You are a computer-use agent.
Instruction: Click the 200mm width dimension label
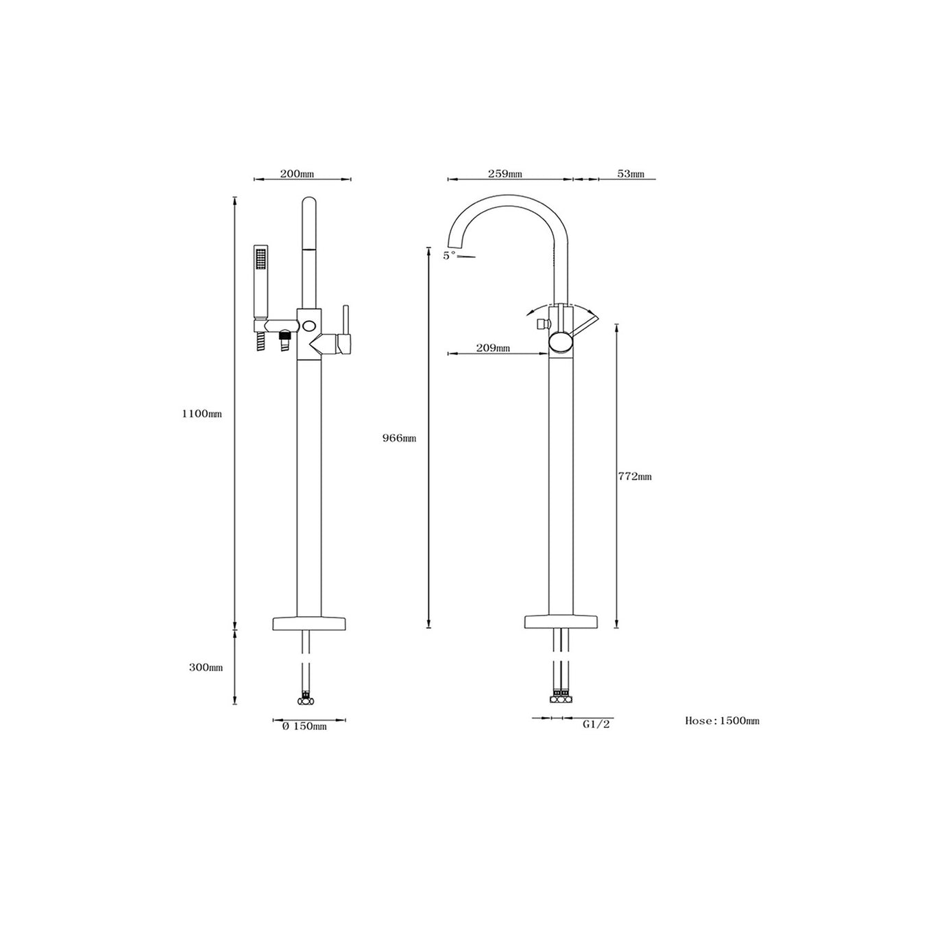[297, 174]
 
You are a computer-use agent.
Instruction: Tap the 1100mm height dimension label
[202, 414]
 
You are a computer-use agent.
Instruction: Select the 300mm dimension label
[206, 668]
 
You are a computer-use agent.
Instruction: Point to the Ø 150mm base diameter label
[304, 726]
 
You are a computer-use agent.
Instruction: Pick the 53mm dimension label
[631, 174]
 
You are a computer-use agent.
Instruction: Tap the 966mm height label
[399, 438]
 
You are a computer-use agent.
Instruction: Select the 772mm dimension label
[635, 476]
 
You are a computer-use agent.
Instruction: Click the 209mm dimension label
[493, 348]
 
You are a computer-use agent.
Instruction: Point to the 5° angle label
[449, 255]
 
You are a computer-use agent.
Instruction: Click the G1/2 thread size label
[596, 724]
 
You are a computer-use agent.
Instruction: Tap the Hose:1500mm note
[722, 720]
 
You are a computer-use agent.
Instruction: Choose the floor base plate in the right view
[561, 622]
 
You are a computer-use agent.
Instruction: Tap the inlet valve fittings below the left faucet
[305, 701]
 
